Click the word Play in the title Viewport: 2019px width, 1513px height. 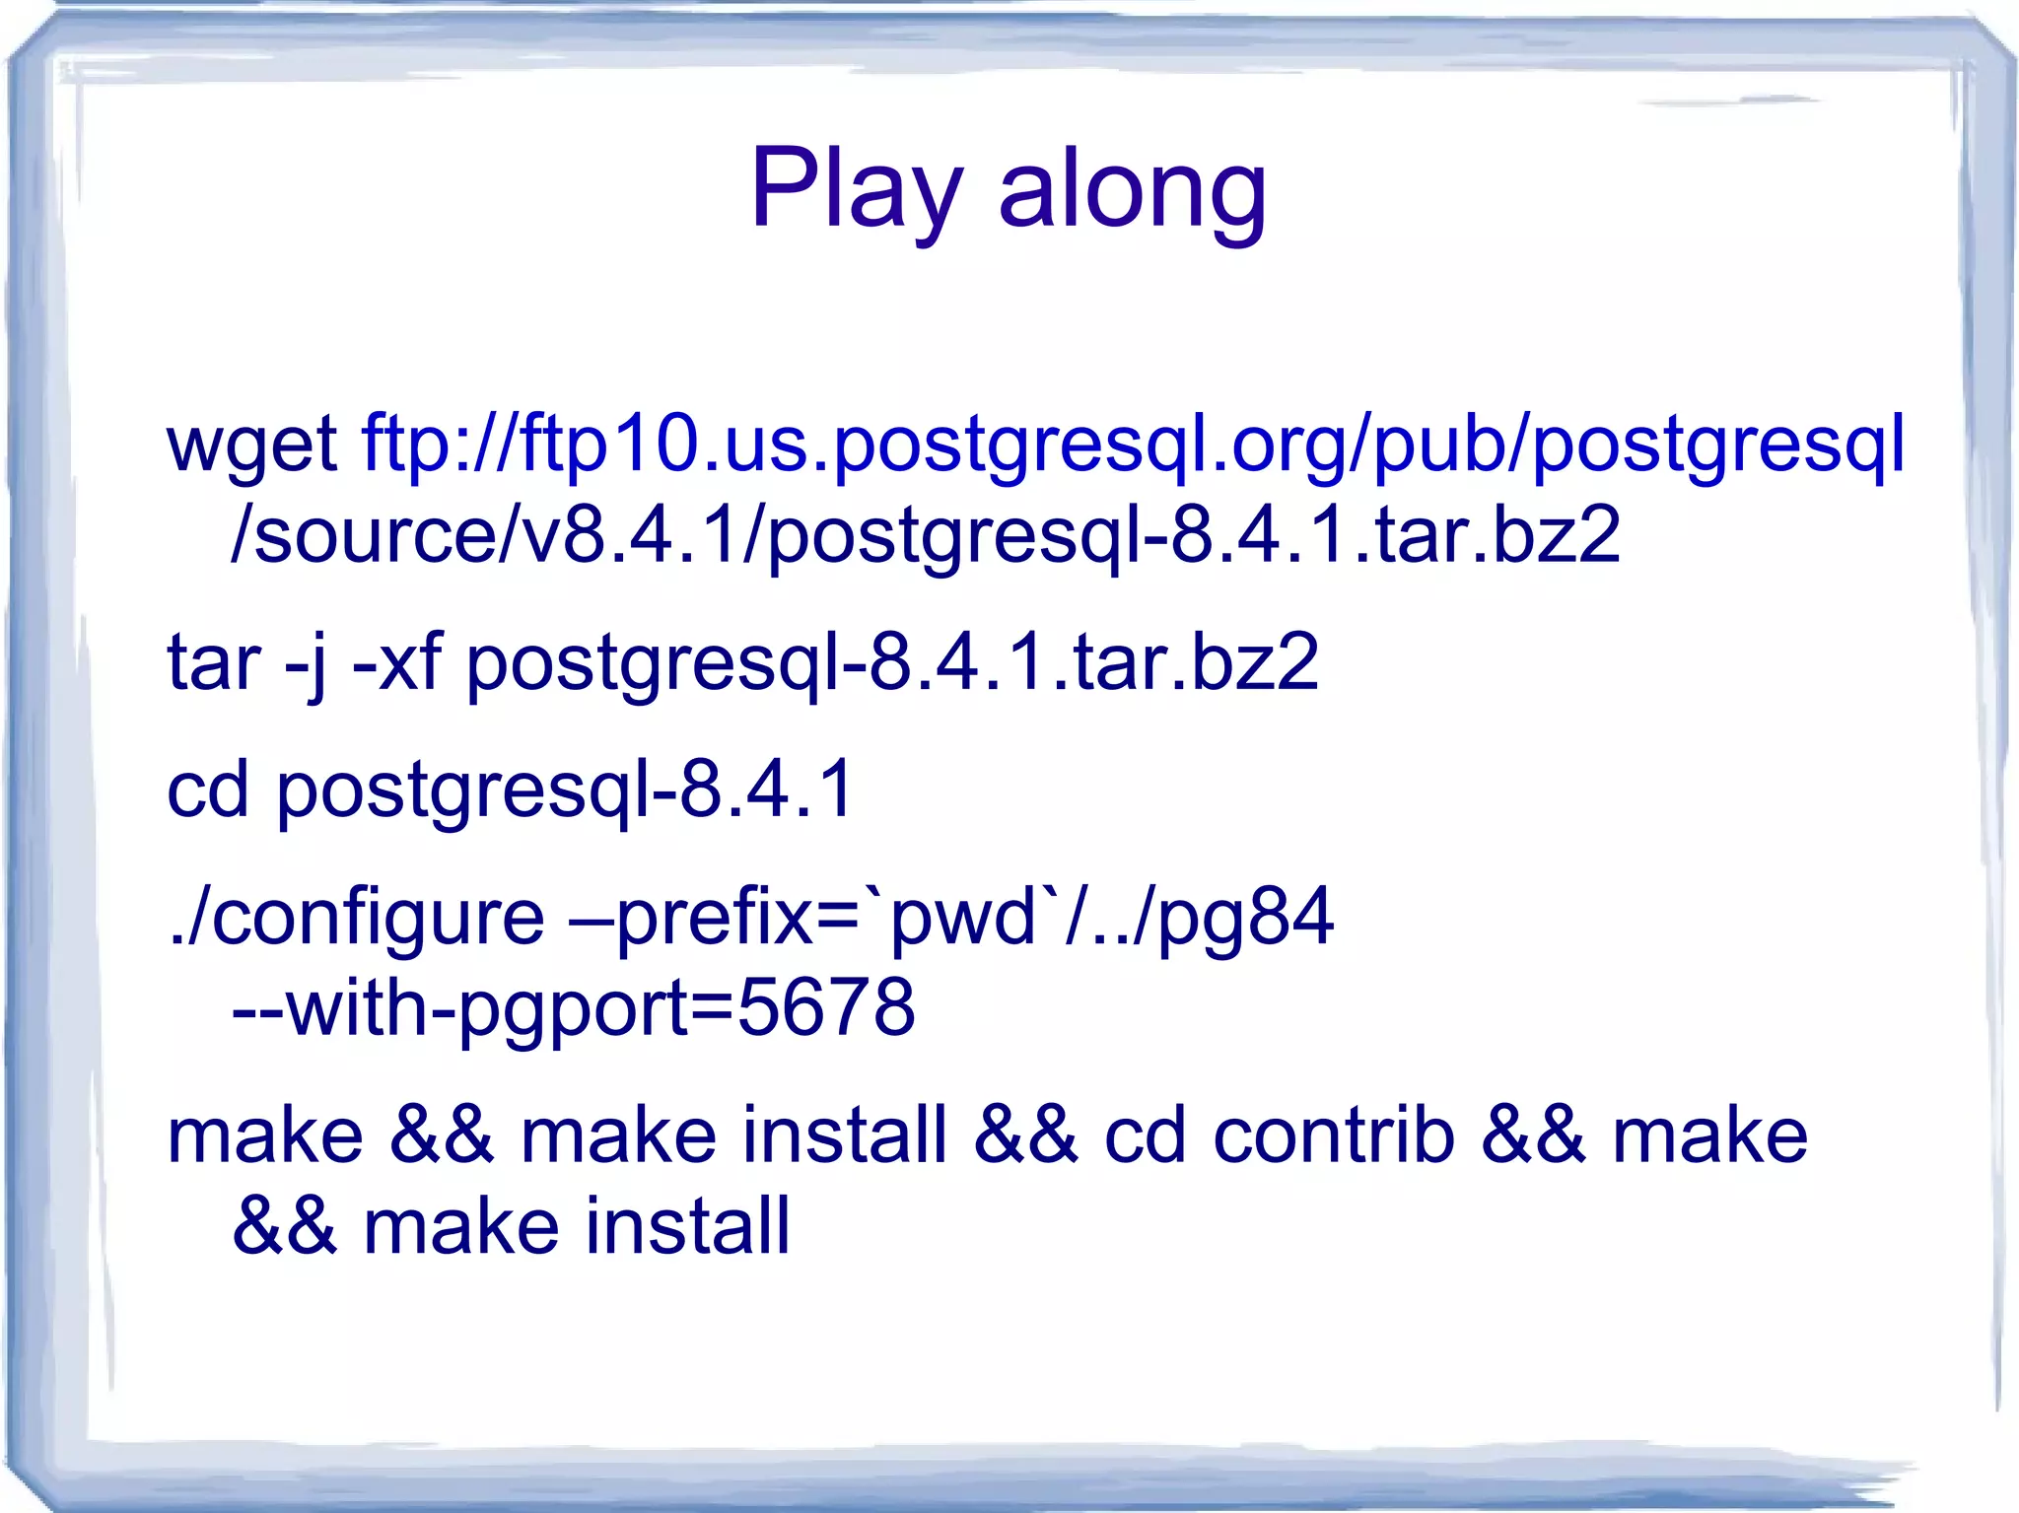pyautogui.click(x=855, y=188)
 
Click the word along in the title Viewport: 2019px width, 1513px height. pyautogui.click(x=1132, y=188)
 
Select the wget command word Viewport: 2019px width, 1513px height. pyautogui.click(x=252, y=445)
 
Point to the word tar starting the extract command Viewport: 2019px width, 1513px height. pyautogui.click(x=214, y=662)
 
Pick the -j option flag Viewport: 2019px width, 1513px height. pyautogui.click(x=306, y=662)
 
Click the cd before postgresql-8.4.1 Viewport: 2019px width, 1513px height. pyautogui.click(x=207, y=790)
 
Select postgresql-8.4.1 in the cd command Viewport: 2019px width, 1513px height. pyautogui.click(x=564, y=790)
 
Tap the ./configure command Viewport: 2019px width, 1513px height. pyautogui.click(x=356, y=918)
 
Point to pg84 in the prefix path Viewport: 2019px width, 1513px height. pyautogui.click(x=1245, y=918)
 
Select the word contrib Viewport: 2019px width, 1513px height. pyautogui.click(x=1333, y=1135)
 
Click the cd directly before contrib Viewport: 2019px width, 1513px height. pyautogui.click(x=1144, y=1135)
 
